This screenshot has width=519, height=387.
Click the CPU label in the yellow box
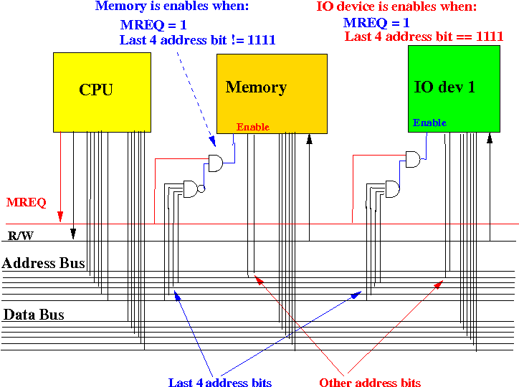click(x=96, y=90)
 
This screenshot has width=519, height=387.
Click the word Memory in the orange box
click(x=256, y=87)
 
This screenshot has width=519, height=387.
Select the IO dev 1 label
click(x=444, y=87)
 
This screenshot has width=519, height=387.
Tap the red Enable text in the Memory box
click(x=252, y=127)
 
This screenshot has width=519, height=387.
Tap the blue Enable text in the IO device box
click(x=429, y=123)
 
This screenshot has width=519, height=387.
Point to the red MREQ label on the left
click(x=27, y=203)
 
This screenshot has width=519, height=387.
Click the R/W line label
click(x=21, y=235)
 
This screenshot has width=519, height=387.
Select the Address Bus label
click(x=44, y=264)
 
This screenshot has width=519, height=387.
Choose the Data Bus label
click(x=34, y=315)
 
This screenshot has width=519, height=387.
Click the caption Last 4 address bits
click(x=220, y=383)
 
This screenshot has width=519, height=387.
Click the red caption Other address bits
click(x=370, y=383)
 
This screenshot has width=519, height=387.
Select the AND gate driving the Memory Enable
click(x=215, y=163)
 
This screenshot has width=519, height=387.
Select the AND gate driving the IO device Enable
click(x=414, y=159)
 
